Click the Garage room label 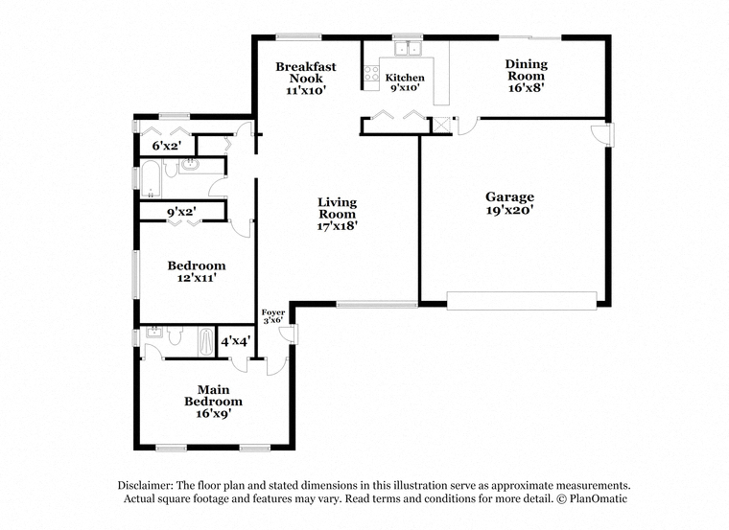click(509, 196)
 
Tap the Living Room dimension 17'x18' click(337, 226)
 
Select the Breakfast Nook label click(305, 73)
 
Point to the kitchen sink click(408, 48)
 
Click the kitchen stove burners click(371, 74)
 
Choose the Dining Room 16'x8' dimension click(527, 88)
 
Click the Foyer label click(273, 312)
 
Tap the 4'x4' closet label click(236, 341)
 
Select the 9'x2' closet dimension click(181, 212)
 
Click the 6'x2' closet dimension click(167, 146)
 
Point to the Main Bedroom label click(213, 395)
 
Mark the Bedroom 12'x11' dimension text click(197, 278)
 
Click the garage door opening click(522, 301)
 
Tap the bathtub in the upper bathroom click(151, 179)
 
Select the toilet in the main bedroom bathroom click(175, 335)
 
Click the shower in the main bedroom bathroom click(206, 342)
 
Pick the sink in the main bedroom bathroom click(153, 333)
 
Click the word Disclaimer click(146, 485)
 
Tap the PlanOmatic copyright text click(592, 499)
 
